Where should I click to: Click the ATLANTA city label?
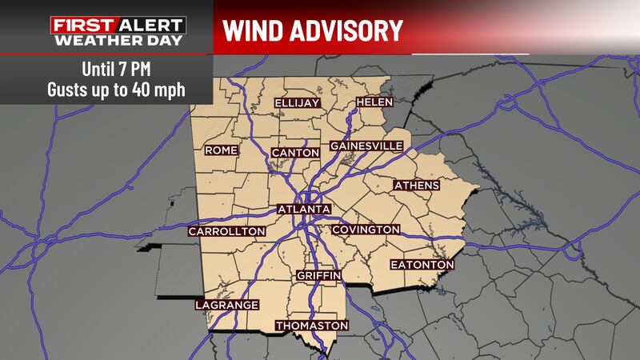(303, 209)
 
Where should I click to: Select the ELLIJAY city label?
(297, 104)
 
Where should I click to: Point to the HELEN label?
(373, 103)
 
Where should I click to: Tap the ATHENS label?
(416, 186)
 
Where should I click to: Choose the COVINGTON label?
(365, 230)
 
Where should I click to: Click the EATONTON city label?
(422, 264)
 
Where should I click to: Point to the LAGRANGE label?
(227, 305)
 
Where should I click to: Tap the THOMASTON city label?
(312, 326)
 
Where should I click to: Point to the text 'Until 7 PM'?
(114, 67)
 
